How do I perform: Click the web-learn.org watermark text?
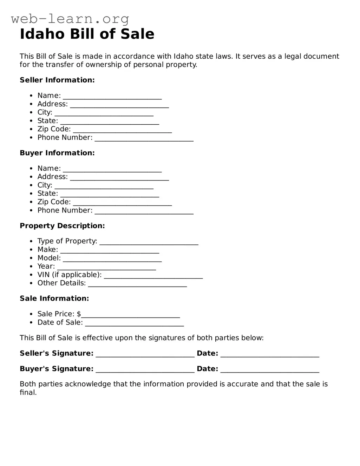[70, 19]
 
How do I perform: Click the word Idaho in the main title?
[42, 34]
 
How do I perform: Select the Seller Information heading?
[57, 80]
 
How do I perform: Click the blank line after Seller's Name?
[112, 97]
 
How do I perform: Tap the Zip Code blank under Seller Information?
[122, 131]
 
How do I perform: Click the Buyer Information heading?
[57, 153]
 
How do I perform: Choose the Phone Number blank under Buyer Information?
[144, 212]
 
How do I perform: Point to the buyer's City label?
[45, 185]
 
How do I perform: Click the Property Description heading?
[62, 226]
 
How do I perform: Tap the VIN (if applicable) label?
[69, 275]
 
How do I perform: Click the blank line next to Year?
[106, 268]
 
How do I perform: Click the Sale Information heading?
[54, 298]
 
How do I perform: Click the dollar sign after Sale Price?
[79, 314]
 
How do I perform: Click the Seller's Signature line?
[145, 355]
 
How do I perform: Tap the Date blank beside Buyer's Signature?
[270, 370]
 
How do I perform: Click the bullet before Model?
[32, 258]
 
